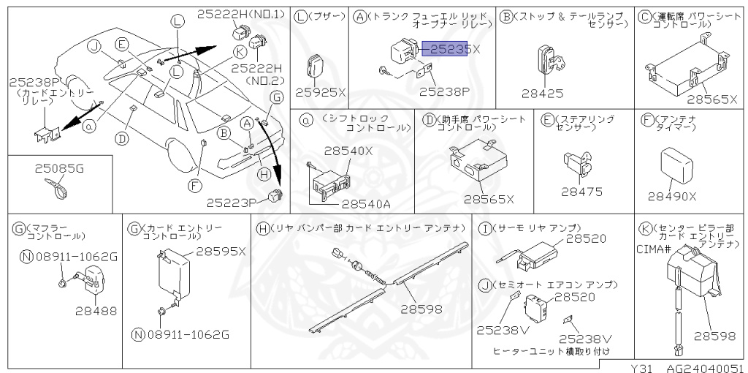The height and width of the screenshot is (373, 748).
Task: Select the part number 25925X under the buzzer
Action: tap(320, 92)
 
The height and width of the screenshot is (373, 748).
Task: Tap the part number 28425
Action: tap(542, 93)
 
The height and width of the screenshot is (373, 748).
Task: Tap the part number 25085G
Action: tap(59, 168)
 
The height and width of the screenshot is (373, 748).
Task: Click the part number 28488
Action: tap(96, 311)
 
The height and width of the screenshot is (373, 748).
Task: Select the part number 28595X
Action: tap(221, 251)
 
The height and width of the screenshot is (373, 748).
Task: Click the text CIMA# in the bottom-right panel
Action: tap(652, 249)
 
